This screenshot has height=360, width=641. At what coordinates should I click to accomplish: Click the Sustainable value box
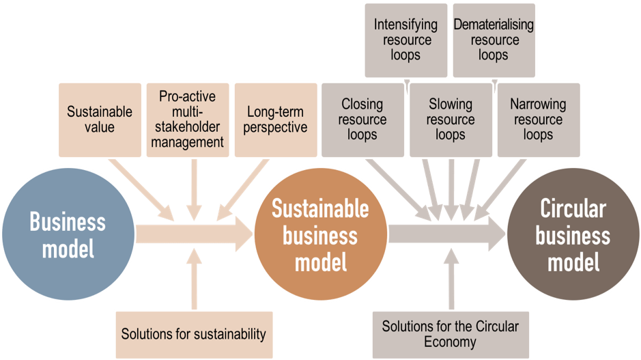point(100,119)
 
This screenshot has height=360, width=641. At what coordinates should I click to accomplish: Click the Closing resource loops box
point(362,120)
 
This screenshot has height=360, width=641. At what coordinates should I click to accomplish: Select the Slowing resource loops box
point(451,120)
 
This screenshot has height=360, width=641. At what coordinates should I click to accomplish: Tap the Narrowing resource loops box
point(538,120)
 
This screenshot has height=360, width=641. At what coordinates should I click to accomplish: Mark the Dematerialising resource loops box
point(493,40)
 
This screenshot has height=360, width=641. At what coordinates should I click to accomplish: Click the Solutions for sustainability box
point(193,334)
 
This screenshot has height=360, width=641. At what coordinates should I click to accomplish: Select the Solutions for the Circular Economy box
point(450,334)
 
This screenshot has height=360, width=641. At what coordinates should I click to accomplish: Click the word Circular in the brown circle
point(573,209)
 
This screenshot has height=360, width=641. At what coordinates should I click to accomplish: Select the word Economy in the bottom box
point(450,342)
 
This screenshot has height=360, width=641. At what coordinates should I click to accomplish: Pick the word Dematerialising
point(493,25)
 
